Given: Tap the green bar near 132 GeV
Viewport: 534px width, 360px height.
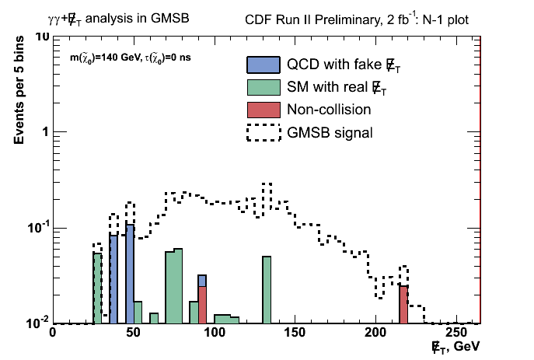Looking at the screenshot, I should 267,290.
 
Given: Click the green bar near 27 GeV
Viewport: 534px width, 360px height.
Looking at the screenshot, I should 97,288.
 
